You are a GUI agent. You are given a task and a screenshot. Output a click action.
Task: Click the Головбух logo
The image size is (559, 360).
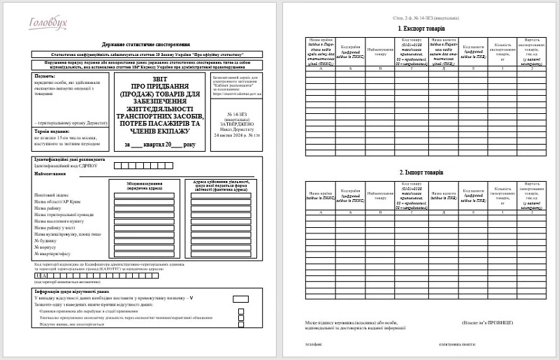[x=49, y=24]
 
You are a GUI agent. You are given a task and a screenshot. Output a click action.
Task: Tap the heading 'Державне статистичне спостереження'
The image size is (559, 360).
[x=145, y=43]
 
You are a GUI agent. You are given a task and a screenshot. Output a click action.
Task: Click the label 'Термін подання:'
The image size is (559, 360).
[x=53, y=131]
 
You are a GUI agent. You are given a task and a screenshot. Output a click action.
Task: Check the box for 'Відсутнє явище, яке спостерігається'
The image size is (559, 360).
[x=241, y=325]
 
